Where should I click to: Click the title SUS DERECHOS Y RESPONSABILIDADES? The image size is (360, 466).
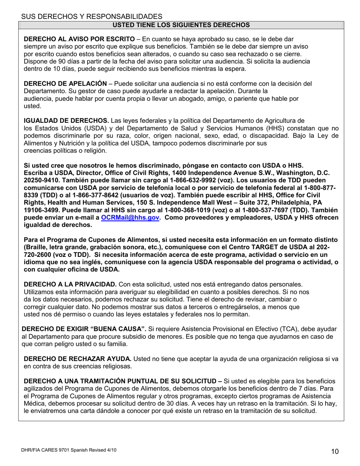(91, 16)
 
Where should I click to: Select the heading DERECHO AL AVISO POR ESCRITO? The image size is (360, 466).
(79, 39)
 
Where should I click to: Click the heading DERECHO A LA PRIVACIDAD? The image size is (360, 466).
(70, 284)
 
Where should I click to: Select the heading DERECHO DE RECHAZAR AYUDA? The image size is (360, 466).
(78, 359)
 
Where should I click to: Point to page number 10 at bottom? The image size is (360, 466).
(335, 451)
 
